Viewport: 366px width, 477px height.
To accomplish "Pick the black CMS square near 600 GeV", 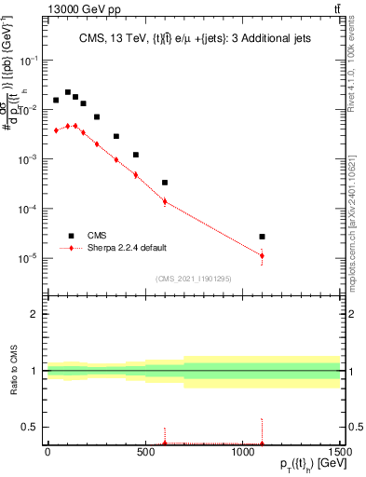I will point(165,183).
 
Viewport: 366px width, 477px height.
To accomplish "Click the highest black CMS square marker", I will point(67,92).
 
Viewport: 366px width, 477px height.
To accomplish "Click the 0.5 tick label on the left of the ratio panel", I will point(30,428).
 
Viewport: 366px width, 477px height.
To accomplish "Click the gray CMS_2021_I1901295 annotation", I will point(193,278).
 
